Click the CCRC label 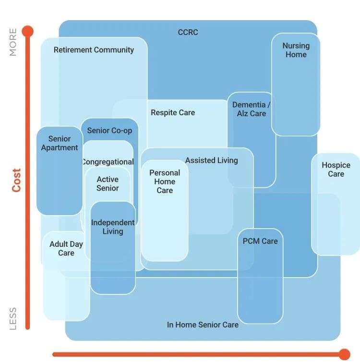tap(188, 33)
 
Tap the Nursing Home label tap(296, 50)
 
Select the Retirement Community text tap(94, 50)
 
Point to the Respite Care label tap(173, 113)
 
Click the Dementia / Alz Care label tap(252, 109)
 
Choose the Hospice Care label tap(336, 170)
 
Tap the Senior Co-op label tap(109, 131)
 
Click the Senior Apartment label tap(60, 144)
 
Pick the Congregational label tap(108, 162)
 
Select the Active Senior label tap(108, 184)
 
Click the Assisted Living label tap(211, 160)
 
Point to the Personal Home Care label tap(165, 182)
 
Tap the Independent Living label tap(113, 227)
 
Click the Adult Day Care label tap(66, 249)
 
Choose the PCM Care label tap(260, 241)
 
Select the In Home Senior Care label tap(203, 325)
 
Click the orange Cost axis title tap(17, 180)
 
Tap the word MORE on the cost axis tap(13, 42)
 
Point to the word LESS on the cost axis tap(13, 318)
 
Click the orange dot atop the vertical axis tap(27, 32)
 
